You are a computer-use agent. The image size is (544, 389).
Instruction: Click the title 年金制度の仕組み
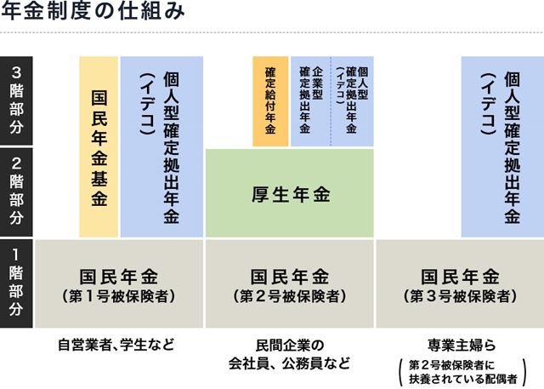[x=93, y=10]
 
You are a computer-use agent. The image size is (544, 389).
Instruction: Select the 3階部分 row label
[x=16, y=100]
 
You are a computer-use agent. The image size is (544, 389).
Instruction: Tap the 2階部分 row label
[x=16, y=192]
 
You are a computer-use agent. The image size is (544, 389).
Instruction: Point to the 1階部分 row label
[x=16, y=283]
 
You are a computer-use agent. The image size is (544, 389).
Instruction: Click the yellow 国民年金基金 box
[x=99, y=146]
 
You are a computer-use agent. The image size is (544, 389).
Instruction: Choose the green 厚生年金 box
[x=290, y=193]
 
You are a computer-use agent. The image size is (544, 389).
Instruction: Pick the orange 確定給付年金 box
[x=270, y=101]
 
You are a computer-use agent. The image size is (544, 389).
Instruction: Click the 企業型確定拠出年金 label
[x=311, y=100]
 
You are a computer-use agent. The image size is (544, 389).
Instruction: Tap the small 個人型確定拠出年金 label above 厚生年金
[x=352, y=100]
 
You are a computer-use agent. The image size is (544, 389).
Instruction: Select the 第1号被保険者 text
[x=119, y=297]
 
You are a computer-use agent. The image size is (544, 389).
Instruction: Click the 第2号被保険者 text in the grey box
[x=290, y=297]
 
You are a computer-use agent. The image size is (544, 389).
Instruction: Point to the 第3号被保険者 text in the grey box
[x=461, y=297]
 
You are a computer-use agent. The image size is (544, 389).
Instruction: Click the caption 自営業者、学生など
[x=116, y=345]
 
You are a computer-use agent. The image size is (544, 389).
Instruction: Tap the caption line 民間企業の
[x=290, y=346]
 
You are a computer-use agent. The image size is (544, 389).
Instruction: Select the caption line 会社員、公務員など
[x=289, y=363]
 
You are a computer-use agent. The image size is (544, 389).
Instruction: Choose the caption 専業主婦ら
[x=462, y=346]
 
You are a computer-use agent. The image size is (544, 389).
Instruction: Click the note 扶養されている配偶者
[x=462, y=379]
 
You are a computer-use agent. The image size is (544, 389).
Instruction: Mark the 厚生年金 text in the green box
[x=291, y=194]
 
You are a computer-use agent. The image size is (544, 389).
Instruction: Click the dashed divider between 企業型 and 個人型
[x=331, y=101]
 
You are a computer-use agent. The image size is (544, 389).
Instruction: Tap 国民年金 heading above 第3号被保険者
[x=461, y=277]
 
